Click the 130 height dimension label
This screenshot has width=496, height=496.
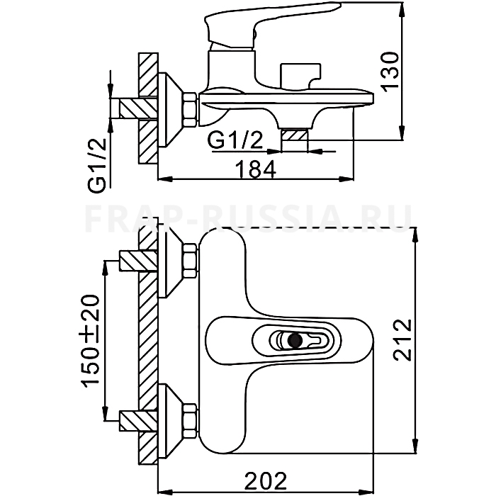pos(390,72)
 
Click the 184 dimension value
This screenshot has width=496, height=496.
pos(257,169)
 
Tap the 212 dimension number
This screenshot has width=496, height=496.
pos(402,340)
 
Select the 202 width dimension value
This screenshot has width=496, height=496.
pos(266,480)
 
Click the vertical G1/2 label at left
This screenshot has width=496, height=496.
pos(97,165)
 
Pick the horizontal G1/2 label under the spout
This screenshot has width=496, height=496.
pos(235,140)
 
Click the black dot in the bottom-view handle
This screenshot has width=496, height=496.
pos(295,341)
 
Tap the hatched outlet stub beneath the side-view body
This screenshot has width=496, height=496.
pos(295,135)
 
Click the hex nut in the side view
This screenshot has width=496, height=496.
pos(191,110)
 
